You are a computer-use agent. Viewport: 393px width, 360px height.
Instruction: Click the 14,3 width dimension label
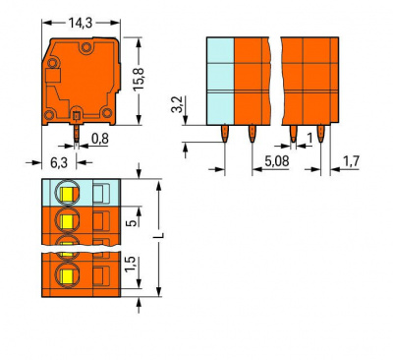(x=81, y=23)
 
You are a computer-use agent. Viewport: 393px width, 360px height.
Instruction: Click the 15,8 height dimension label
(x=139, y=80)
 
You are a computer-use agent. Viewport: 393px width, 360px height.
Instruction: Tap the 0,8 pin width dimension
(x=100, y=139)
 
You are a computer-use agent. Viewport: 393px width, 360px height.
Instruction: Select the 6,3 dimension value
(x=59, y=162)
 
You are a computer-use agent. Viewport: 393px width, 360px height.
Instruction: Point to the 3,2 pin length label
(x=177, y=104)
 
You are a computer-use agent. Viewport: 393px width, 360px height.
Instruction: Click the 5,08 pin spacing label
(x=277, y=161)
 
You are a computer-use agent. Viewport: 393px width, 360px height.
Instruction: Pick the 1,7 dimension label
(x=351, y=161)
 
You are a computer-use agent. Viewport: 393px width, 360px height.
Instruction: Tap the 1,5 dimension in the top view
(x=130, y=264)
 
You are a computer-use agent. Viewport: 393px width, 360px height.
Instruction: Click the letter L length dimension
(x=159, y=236)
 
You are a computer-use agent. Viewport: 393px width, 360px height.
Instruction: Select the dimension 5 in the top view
(x=131, y=223)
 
